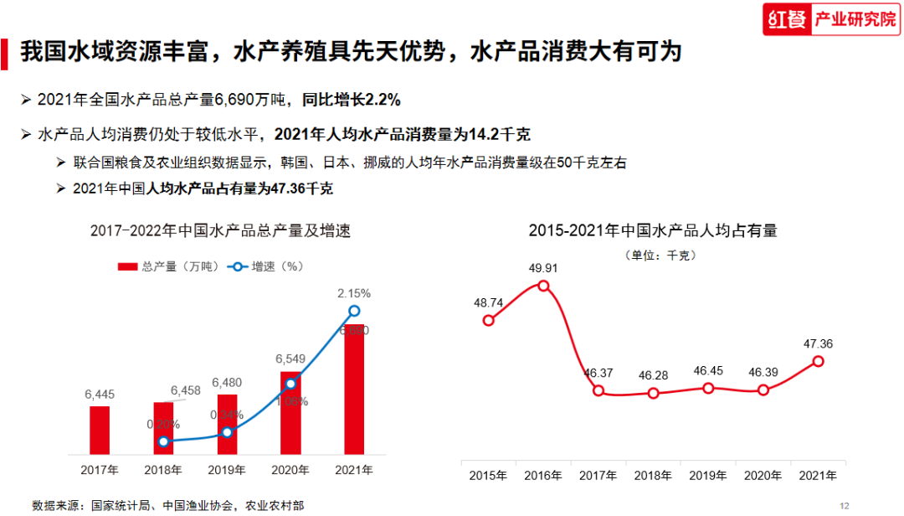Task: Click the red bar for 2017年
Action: coord(100,431)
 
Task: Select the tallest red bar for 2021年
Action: coord(354,390)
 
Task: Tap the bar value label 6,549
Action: coord(290,359)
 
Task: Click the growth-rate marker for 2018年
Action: coord(164,441)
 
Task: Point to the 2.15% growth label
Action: coord(354,294)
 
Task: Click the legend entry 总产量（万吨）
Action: coord(168,266)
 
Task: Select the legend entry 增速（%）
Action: coord(266,266)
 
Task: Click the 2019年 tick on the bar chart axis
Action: coord(227,470)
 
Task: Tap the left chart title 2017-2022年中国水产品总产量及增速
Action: coord(220,231)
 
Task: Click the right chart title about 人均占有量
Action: coord(653,230)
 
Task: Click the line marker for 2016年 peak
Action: coord(543,286)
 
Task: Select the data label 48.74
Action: coord(488,302)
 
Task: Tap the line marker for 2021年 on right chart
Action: coord(818,361)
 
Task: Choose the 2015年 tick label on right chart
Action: coord(488,476)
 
